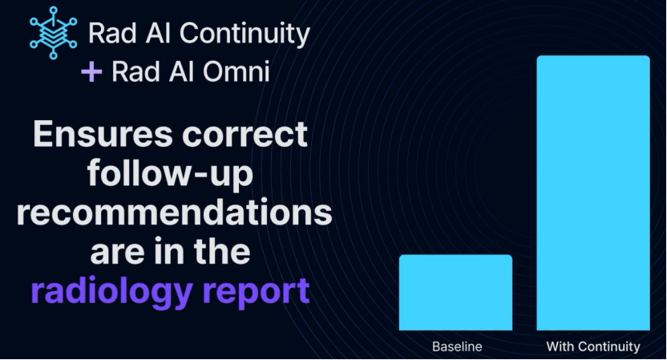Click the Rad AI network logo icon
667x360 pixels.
[53, 33]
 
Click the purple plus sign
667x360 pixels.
[91, 71]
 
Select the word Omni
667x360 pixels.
[236, 71]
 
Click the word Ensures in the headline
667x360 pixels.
[103, 134]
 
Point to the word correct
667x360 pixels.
[245, 135]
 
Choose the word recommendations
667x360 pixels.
[175, 212]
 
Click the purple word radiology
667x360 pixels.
[112, 292]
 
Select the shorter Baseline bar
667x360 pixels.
[455, 293]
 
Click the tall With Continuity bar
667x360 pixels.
[593, 192]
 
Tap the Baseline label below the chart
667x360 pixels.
[457, 346]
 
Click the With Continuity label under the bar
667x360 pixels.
[593, 347]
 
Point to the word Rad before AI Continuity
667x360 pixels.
[112, 33]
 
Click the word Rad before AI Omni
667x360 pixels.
[136, 71]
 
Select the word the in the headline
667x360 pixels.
[222, 251]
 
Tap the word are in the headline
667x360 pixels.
[115, 253]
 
